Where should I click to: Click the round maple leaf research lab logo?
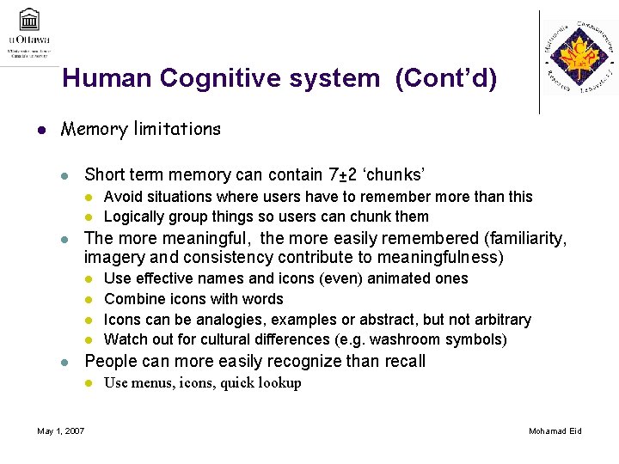[579, 58]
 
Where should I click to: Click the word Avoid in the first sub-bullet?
[122, 197]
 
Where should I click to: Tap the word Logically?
[133, 217]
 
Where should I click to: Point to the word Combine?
[132, 299]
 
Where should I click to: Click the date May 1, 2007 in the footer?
[61, 430]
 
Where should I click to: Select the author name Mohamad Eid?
[555, 430]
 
